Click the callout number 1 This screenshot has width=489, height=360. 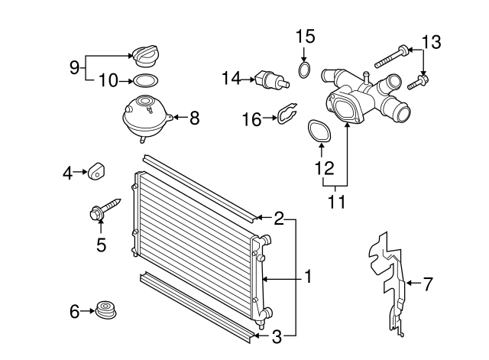tap(308, 276)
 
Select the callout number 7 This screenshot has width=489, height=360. tap(428, 284)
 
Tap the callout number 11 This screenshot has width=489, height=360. tap(337, 203)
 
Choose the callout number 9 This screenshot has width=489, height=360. tap(74, 67)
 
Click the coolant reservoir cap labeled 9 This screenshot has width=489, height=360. tap(144, 56)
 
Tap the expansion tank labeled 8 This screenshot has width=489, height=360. tap(144, 116)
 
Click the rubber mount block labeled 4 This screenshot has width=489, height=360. tap(96, 172)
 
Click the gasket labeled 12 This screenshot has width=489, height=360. tap(319, 131)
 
